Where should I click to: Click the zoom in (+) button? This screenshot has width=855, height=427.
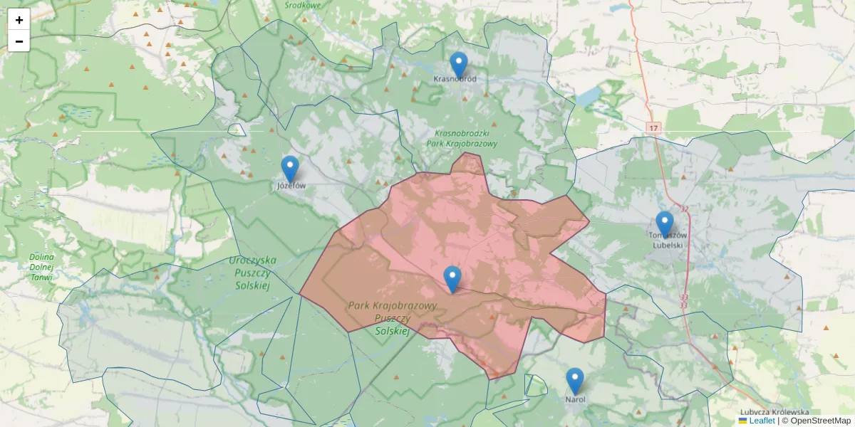click(19, 20)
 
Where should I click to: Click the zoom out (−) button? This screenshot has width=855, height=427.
click(19, 41)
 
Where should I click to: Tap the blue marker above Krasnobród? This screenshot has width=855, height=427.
click(459, 64)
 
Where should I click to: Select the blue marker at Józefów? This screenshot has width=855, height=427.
click(290, 169)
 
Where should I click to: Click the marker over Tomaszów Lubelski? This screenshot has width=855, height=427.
click(664, 223)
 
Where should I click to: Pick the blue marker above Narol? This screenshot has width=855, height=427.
click(575, 381)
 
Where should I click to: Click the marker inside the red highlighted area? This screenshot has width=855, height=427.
click(452, 279)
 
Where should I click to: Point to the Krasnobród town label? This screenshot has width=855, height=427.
click(455, 79)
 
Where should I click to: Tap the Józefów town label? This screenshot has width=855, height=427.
click(291, 186)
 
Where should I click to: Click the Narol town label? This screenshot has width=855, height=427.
click(575, 400)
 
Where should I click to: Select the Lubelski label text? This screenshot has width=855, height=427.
click(668, 246)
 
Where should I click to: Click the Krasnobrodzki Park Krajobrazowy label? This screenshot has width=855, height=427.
click(462, 138)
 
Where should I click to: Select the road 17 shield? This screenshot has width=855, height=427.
click(655, 127)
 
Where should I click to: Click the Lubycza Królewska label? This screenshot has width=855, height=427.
click(774, 412)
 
